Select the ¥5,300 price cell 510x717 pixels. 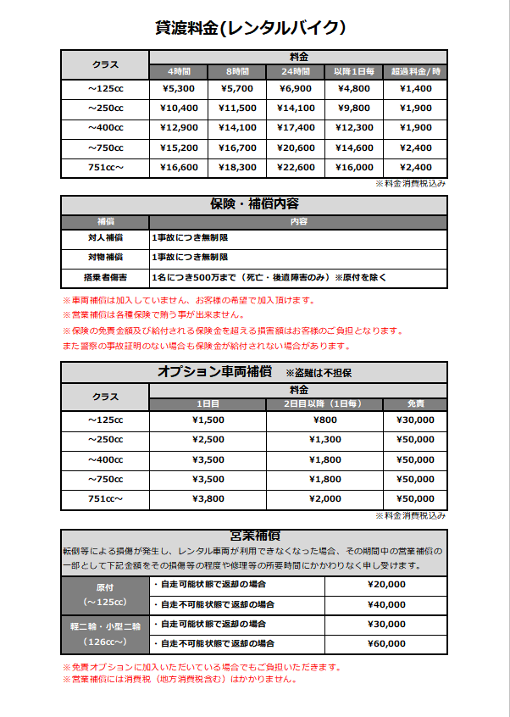tap(178, 88)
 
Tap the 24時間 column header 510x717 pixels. tap(297, 71)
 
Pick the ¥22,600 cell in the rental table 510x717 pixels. tap(297, 167)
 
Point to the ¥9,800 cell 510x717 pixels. tap(354, 108)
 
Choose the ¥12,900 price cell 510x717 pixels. tap(178, 128)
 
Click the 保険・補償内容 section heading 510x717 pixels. tap(254, 204)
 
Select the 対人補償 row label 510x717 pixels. tap(105, 237)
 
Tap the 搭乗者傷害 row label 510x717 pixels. tap(105, 277)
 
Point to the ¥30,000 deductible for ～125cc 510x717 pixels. tap(415, 420)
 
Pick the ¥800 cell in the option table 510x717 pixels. tap(325, 420)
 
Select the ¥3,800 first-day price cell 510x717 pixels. tap(208, 498)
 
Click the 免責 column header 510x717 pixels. tap(415, 403)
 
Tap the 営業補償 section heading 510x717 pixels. tap(254, 536)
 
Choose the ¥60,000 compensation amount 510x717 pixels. tap(386, 643)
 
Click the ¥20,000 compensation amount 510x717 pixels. tap(386, 584)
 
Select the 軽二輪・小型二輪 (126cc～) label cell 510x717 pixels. tap(105, 633)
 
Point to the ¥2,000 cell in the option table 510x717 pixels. tap(325, 498)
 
